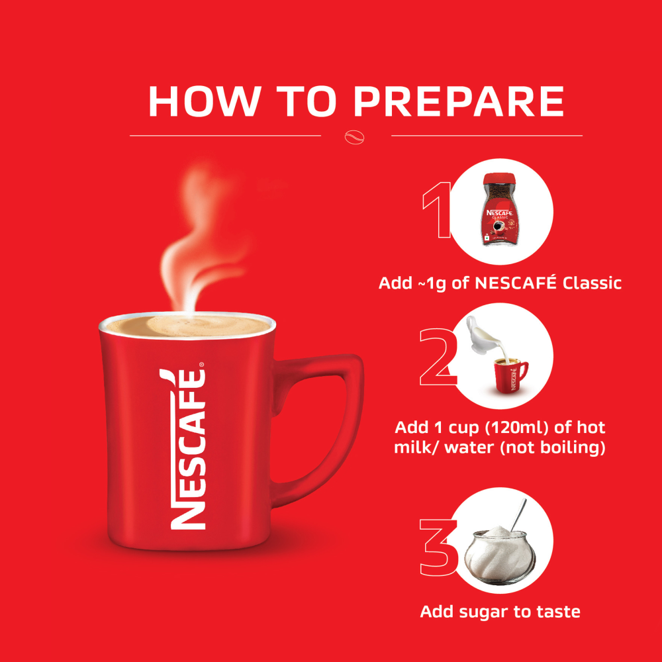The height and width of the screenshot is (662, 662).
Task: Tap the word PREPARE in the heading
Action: pyautogui.click(x=458, y=101)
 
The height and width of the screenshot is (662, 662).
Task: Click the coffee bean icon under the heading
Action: pyautogui.click(x=355, y=136)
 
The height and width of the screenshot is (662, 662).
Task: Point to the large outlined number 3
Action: pyautogui.click(x=440, y=545)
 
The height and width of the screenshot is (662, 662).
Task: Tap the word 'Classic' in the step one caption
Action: pyautogui.click(x=592, y=283)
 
